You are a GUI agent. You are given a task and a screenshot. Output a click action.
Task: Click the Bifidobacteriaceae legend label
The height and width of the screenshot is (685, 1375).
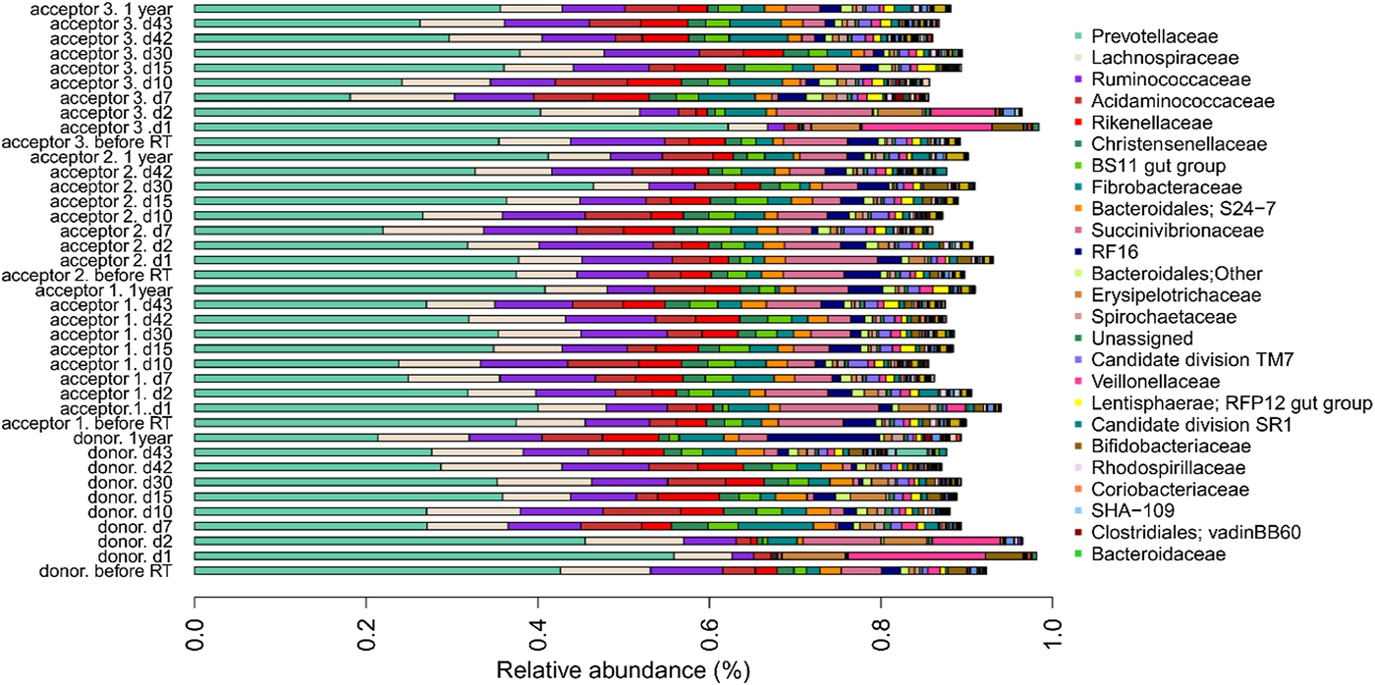pos(1171,446)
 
